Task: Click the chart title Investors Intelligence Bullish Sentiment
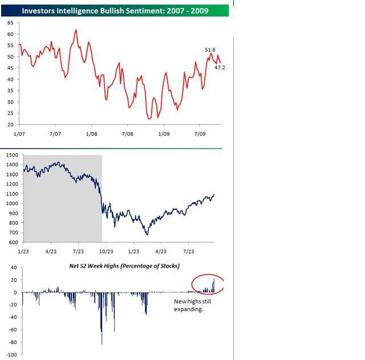tap(115, 10)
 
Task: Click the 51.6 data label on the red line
tap(210, 50)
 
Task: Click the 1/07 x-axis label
tap(19, 134)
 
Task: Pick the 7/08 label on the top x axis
tap(127, 134)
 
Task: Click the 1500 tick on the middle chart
tap(12, 154)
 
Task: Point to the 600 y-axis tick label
tap(13, 243)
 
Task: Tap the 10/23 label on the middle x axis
tap(106, 251)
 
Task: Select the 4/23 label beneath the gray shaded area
tap(51, 251)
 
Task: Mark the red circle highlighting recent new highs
tap(208, 283)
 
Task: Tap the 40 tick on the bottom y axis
tap(13, 268)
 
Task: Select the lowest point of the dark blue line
tap(147, 234)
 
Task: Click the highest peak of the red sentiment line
tap(76, 29)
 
